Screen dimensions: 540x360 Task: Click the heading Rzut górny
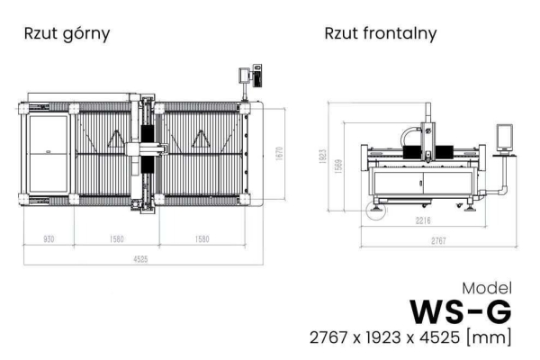[67, 34]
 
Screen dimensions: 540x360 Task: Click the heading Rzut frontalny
[381, 34]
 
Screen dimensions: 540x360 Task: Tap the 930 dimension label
[49, 238]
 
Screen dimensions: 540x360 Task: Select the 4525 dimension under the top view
[140, 259]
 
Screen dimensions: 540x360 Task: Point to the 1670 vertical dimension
[279, 153]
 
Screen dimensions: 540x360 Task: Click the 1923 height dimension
[322, 156]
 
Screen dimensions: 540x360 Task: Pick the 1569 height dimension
[338, 166]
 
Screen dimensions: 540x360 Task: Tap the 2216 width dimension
[423, 220]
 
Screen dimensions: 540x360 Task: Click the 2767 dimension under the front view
[438, 240]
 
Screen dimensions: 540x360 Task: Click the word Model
[487, 288]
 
